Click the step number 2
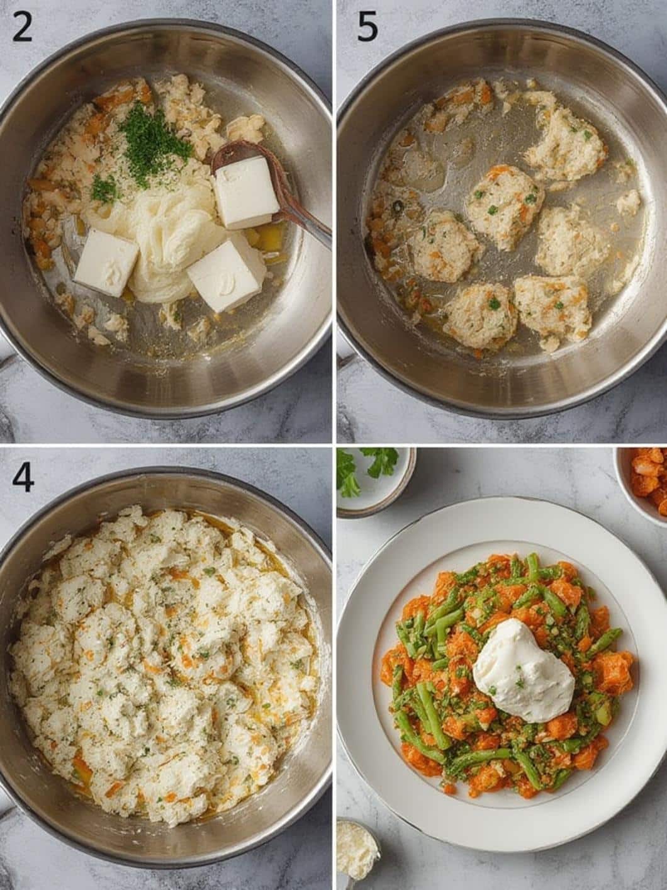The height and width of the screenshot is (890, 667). click(x=21, y=26)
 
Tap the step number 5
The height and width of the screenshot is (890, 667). click(x=367, y=26)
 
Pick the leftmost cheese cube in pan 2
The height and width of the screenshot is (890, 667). click(x=106, y=262)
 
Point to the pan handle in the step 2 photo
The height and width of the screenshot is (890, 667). click(x=8, y=359)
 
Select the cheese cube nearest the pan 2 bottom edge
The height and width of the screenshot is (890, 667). click(x=225, y=276)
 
